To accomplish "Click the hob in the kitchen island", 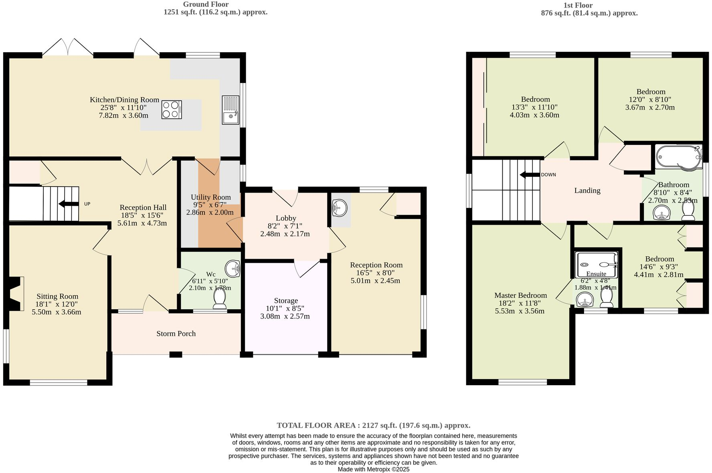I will pyautogui.click(x=172, y=110).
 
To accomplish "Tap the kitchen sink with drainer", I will pyautogui.click(x=231, y=110).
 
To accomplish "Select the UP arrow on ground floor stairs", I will pyautogui.click(x=69, y=204).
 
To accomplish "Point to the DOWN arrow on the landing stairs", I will pyautogui.click(x=529, y=175).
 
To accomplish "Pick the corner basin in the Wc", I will pyautogui.click(x=233, y=268).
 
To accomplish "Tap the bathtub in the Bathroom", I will pyautogui.click(x=678, y=158).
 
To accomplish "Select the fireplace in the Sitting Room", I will pyautogui.click(x=15, y=293).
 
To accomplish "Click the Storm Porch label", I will pyautogui.click(x=176, y=334).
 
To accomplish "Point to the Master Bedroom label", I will pyautogui.click(x=520, y=295).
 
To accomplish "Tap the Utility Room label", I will pyautogui.click(x=210, y=197).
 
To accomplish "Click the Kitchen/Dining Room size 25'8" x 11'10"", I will pyautogui.click(x=123, y=108).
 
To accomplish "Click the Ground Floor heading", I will pyautogui.click(x=206, y=4).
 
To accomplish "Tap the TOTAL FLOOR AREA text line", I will pyautogui.click(x=373, y=425).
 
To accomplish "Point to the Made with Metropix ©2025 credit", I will pyautogui.click(x=373, y=469).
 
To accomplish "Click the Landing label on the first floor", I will pyautogui.click(x=587, y=191).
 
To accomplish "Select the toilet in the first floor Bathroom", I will pyautogui.click(x=688, y=211).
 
